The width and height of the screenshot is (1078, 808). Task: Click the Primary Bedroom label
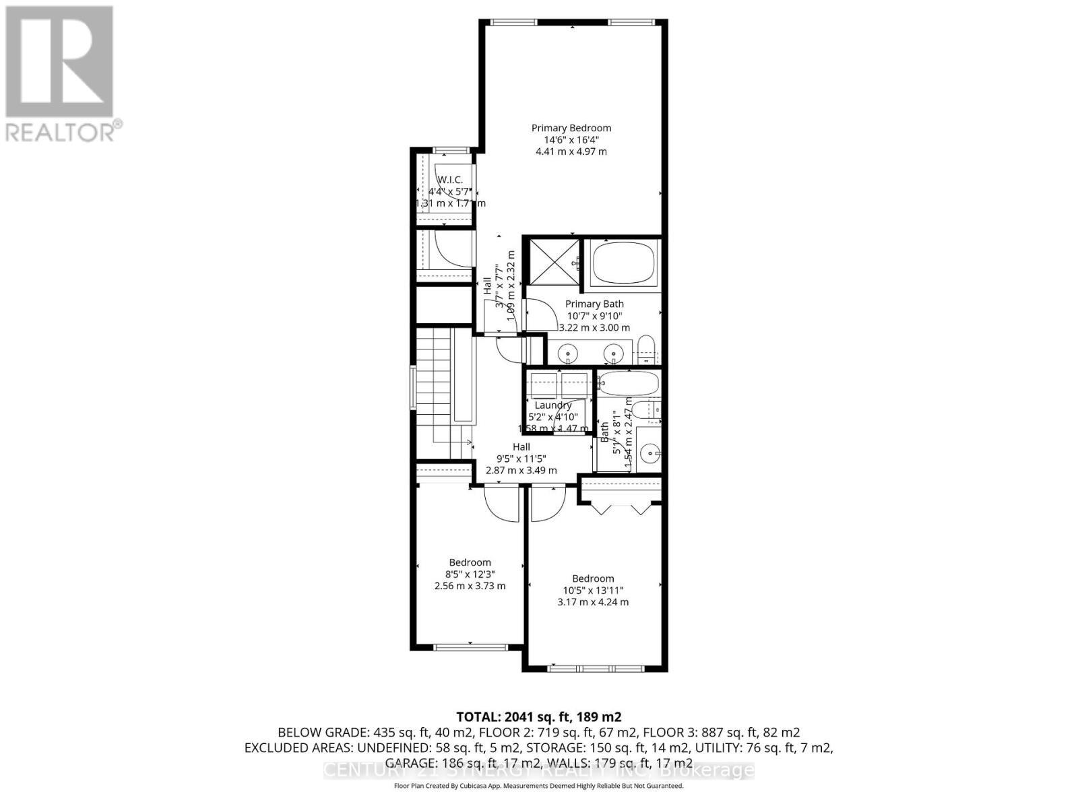[571, 128]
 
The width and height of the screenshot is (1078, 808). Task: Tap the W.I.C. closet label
[449, 179]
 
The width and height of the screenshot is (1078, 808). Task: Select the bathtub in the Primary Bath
[623, 264]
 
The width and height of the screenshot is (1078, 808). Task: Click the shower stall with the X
[552, 263]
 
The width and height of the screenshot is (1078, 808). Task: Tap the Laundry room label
[552, 405]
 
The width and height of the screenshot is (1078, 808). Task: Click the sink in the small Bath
[649, 452]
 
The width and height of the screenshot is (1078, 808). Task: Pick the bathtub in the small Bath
[628, 384]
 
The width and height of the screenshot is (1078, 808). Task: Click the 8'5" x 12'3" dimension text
[470, 574]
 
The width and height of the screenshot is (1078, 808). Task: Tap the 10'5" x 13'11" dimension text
[593, 591]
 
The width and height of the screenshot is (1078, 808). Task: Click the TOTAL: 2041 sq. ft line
[538, 716]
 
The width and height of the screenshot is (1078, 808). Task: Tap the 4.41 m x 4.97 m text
[571, 151]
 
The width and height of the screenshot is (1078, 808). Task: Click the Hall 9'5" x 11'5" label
[521, 447]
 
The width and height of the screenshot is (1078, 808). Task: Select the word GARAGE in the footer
[412, 763]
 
